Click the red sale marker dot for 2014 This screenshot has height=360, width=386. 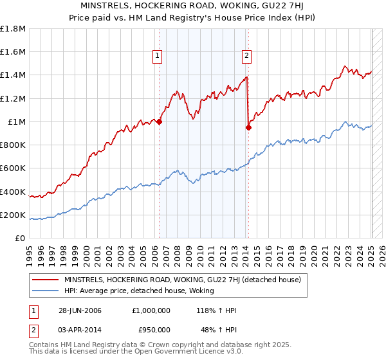248,127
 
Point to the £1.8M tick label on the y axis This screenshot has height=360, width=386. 13,29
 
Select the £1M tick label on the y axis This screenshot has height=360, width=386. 16,122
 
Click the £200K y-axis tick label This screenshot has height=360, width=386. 13,215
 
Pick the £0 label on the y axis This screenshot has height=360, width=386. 21,239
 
